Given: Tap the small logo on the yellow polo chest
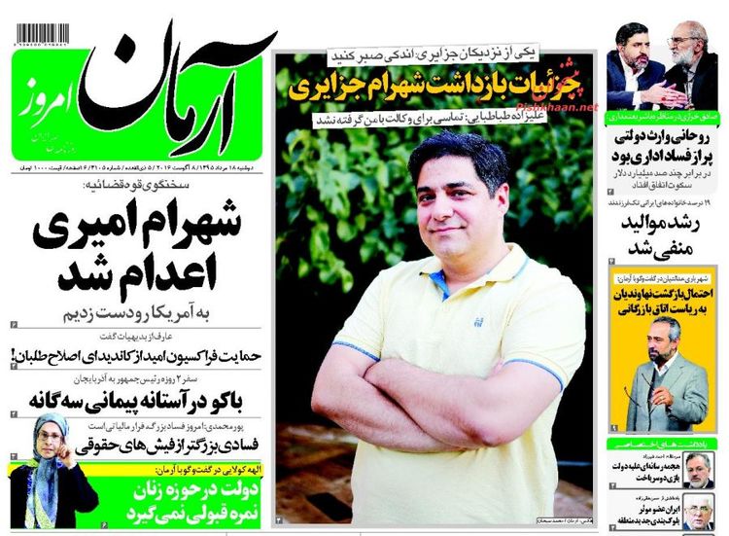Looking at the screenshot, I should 477,320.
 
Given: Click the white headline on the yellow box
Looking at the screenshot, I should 663,301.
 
